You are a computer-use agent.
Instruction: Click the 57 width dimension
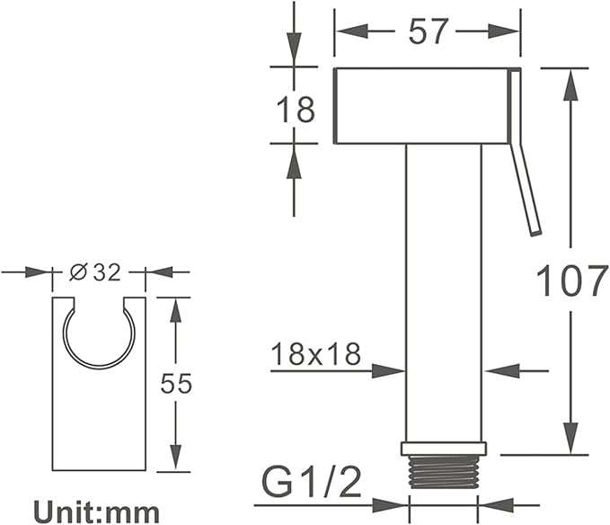[x=427, y=31]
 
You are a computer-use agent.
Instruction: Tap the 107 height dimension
[x=572, y=280]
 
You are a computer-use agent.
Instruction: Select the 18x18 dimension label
[x=315, y=354]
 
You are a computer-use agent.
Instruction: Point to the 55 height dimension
[x=177, y=383]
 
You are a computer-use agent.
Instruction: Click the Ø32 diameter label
[x=96, y=272]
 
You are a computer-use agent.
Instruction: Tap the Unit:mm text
[x=97, y=512]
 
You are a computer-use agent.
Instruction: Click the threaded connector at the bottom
[x=444, y=472]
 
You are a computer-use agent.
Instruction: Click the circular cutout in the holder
[x=99, y=368]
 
